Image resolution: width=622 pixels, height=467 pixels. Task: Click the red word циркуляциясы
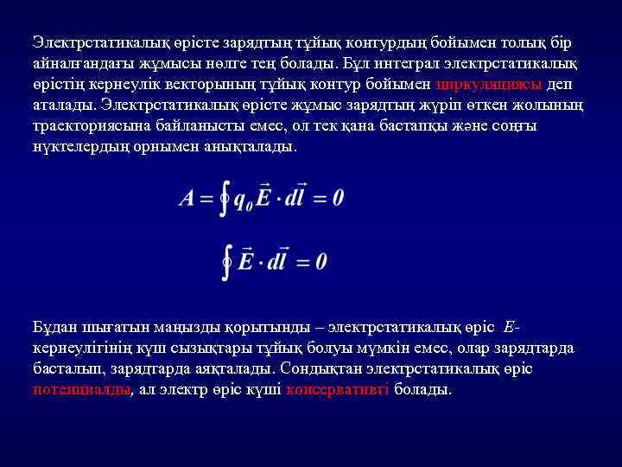coord(490,84)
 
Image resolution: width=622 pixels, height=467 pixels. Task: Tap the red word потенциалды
coord(80,389)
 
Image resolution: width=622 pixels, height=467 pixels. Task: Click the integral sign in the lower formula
coord(226,260)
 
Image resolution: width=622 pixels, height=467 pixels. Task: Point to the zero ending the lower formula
coord(321,260)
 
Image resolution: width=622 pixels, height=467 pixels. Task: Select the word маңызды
coord(187,327)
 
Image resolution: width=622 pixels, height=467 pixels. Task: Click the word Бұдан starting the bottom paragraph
coord(57,327)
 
